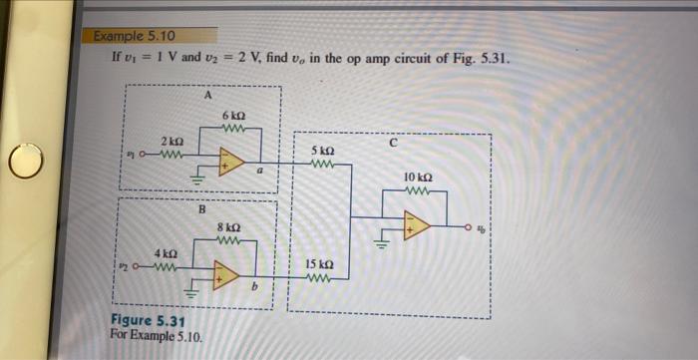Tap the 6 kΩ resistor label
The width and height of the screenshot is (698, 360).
235,115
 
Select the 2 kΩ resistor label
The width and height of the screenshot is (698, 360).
170,140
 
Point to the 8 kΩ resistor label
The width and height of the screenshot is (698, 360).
229,227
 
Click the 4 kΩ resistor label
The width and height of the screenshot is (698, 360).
166,253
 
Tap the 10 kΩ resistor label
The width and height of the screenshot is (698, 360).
418,177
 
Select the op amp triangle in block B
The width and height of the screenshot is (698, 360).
226,276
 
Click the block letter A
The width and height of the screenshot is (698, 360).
206,96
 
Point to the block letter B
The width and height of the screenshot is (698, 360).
200,209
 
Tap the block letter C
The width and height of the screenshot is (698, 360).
393,144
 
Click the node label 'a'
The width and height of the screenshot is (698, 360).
259,174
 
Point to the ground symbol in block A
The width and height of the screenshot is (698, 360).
196,181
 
